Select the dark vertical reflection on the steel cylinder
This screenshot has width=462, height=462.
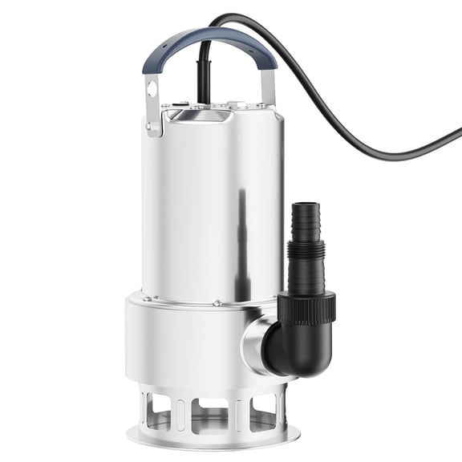238,225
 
